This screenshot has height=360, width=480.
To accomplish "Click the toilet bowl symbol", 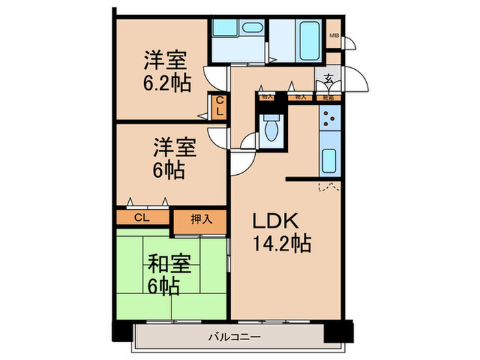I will coord(270,129).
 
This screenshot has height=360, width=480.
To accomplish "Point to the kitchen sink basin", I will coord(328,163).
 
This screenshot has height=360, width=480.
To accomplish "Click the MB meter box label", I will coord(334,36).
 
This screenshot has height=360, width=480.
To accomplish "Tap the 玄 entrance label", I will coord(329,79).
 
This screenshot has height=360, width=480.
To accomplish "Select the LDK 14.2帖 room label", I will coord(281,231).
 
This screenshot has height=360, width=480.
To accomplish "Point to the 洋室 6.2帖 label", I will coord(167,71).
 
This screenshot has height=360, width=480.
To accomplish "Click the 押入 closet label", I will coord(199,219).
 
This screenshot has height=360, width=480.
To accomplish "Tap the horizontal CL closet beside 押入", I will coord(142,218).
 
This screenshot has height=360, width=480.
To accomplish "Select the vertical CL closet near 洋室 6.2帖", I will coord(219,108).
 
